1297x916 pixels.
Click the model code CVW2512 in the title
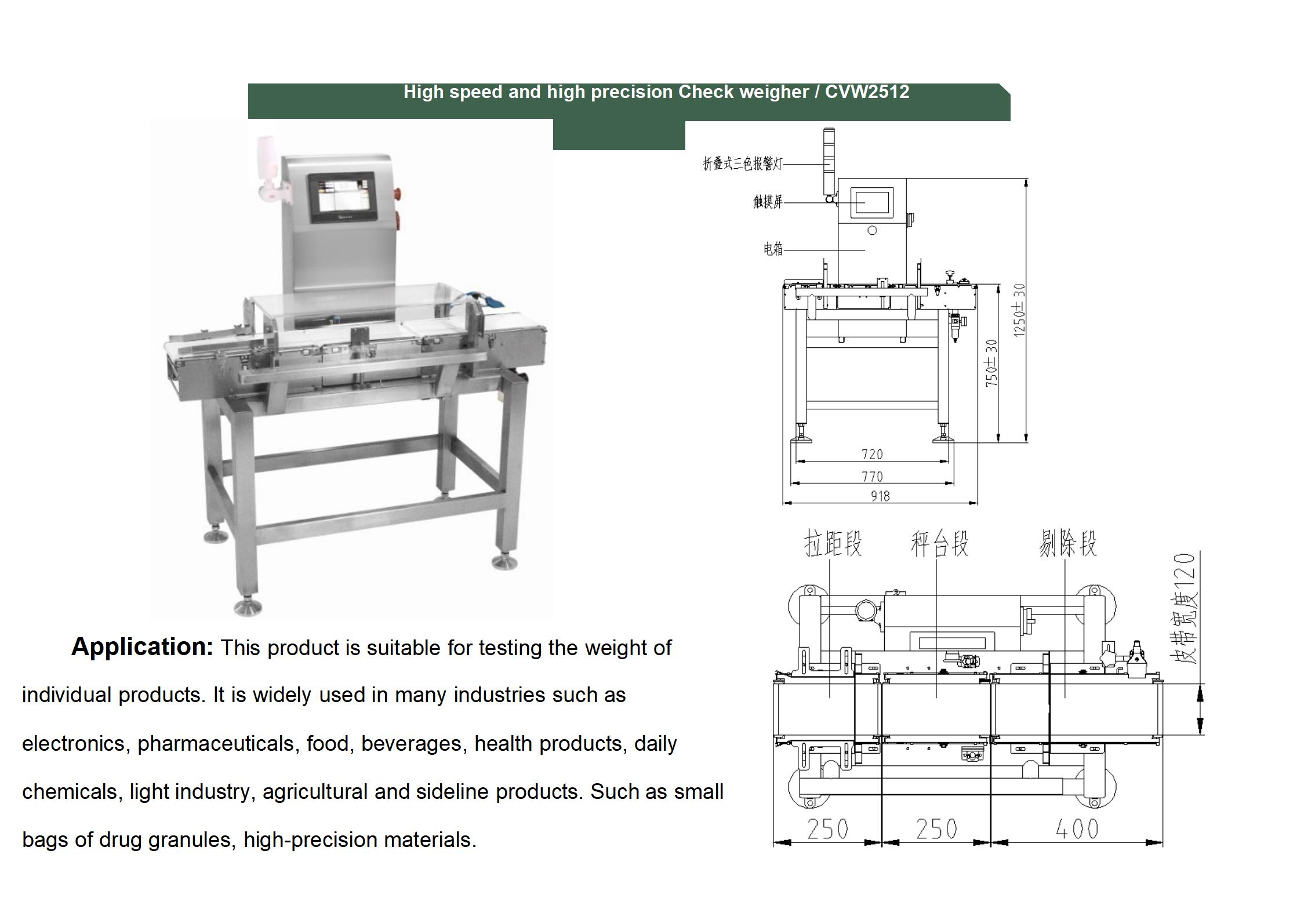tap(867, 92)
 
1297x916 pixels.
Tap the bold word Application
tap(142, 646)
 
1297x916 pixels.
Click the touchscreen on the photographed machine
tap(341, 197)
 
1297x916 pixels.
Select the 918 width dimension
tap(880, 496)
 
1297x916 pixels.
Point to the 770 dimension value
tap(872, 477)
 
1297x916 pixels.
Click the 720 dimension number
tap(872, 455)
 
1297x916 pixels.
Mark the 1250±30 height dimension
tap(1019, 310)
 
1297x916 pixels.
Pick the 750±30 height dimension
tap(992, 364)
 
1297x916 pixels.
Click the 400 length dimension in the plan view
tap(1077, 830)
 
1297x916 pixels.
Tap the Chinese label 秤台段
tap(939, 544)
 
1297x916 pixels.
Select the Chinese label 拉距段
tap(833, 544)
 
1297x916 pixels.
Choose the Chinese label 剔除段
tap(1067, 544)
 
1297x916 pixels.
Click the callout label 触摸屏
tap(768, 202)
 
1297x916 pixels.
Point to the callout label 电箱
tap(773, 249)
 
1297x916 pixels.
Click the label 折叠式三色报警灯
tap(742, 164)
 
